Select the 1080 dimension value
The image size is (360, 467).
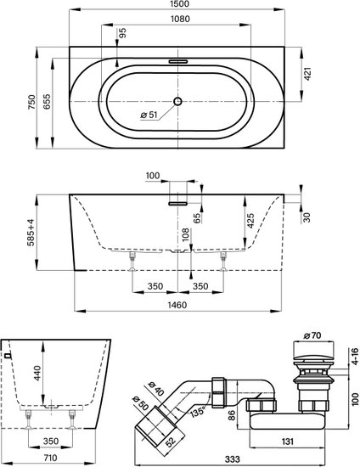tap(180, 19)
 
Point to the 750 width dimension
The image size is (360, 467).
tap(32, 102)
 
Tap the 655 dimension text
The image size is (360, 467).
tap(47, 102)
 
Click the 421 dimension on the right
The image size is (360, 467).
tap(307, 74)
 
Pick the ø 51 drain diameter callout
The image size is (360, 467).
tap(149, 115)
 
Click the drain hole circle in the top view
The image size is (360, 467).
tap(177, 102)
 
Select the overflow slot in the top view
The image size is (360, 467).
tap(178, 62)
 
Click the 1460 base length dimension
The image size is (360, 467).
tap(177, 305)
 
